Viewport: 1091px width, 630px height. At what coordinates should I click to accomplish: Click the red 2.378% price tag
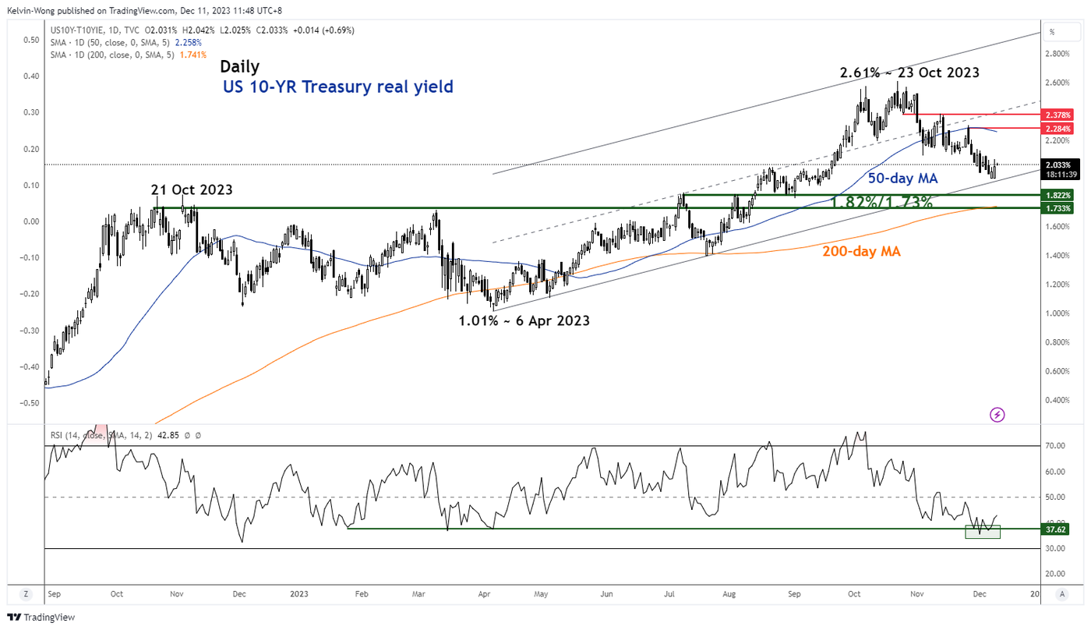pyautogui.click(x=1061, y=114)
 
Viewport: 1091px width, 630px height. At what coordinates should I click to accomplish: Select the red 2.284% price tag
pyautogui.click(x=1061, y=128)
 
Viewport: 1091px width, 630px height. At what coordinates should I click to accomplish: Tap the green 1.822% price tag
pyautogui.click(x=1061, y=195)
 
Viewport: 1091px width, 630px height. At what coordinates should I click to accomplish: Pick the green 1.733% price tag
pyautogui.click(x=1061, y=208)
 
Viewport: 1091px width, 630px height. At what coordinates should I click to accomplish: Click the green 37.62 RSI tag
pyautogui.click(x=1056, y=529)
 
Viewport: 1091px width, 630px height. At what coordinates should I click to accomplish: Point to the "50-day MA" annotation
pyautogui.click(x=902, y=179)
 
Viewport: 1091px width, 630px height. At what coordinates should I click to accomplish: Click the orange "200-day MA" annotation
pyautogui.click(x=862, y=251)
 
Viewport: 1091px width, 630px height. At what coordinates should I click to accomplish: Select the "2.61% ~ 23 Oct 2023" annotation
pyautogui.click(x=909, y=73)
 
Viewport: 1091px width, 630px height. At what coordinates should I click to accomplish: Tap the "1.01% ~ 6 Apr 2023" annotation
pyautogui.click(x=524, y=320)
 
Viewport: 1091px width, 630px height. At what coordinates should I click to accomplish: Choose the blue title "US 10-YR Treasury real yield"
pyautogui.click(x=337, y=87)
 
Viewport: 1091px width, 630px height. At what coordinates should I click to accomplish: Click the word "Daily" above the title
pyautogui.click(x=239, y=66)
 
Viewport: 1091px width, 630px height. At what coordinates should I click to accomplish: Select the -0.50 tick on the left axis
pyautogui.click(x=31, y=403)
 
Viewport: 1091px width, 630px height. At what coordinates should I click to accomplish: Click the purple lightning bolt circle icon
pyautogui.click(x=997, y=415)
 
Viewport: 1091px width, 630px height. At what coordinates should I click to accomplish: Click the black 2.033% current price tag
pyautogui.click(x=1061, y=165)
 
